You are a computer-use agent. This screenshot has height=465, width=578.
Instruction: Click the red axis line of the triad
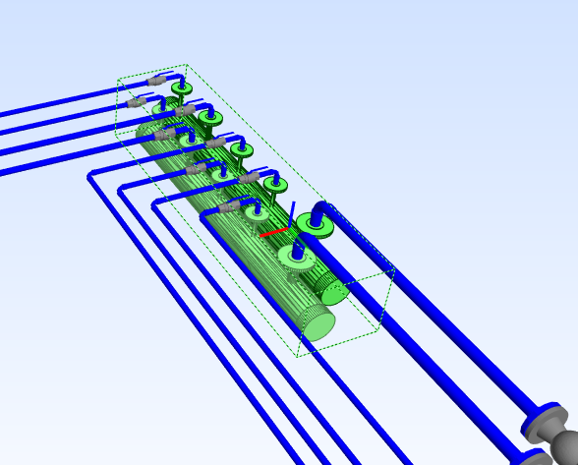[x=274, y=233]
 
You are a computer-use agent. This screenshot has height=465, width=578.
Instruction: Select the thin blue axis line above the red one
[x=292, y=212]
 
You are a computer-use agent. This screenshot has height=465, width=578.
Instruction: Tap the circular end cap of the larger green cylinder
[x=316, y=323]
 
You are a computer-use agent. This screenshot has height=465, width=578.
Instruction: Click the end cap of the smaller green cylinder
[x=335, y=291]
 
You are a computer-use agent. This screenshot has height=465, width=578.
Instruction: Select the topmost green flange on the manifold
[x=181, y=88]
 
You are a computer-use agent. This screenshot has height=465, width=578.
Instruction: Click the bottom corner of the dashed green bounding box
[x=299, y=356]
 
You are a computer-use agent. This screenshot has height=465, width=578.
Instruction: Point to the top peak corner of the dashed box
[x=187, y=66]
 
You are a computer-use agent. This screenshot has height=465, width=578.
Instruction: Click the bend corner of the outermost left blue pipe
[x=90, y=175]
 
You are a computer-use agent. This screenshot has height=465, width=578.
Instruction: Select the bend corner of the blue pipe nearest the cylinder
[x=205, y=215]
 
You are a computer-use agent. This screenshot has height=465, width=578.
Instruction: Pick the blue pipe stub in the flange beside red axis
[x=297, y=254]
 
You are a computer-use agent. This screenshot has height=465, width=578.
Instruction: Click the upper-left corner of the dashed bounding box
[x=117, y=80]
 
